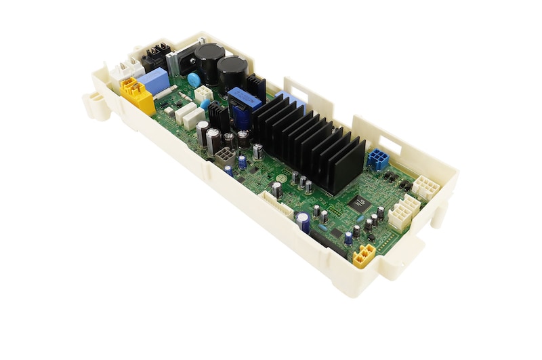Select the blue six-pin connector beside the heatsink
click(378, 160)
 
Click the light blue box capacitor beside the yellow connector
click(154, 81)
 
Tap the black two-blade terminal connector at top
click(155, 56)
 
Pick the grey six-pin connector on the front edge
click(224, 157)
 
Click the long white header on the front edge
click(274, 203)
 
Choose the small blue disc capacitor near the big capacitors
click(194, 79)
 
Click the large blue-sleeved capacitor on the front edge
click(303, 222)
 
